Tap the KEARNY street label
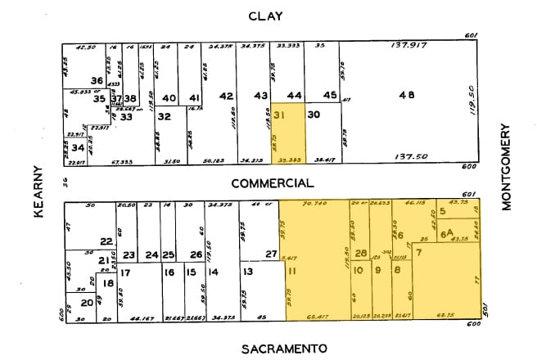point(37,191)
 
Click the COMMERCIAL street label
point(272,183)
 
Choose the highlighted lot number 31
point(282,115)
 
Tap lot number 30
point(314,115)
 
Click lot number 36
point(97,80)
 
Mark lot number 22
point(106,241)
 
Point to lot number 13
point(246,271)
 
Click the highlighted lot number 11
point(291,271)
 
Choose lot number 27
point(271,254)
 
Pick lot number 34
point(77,148)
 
